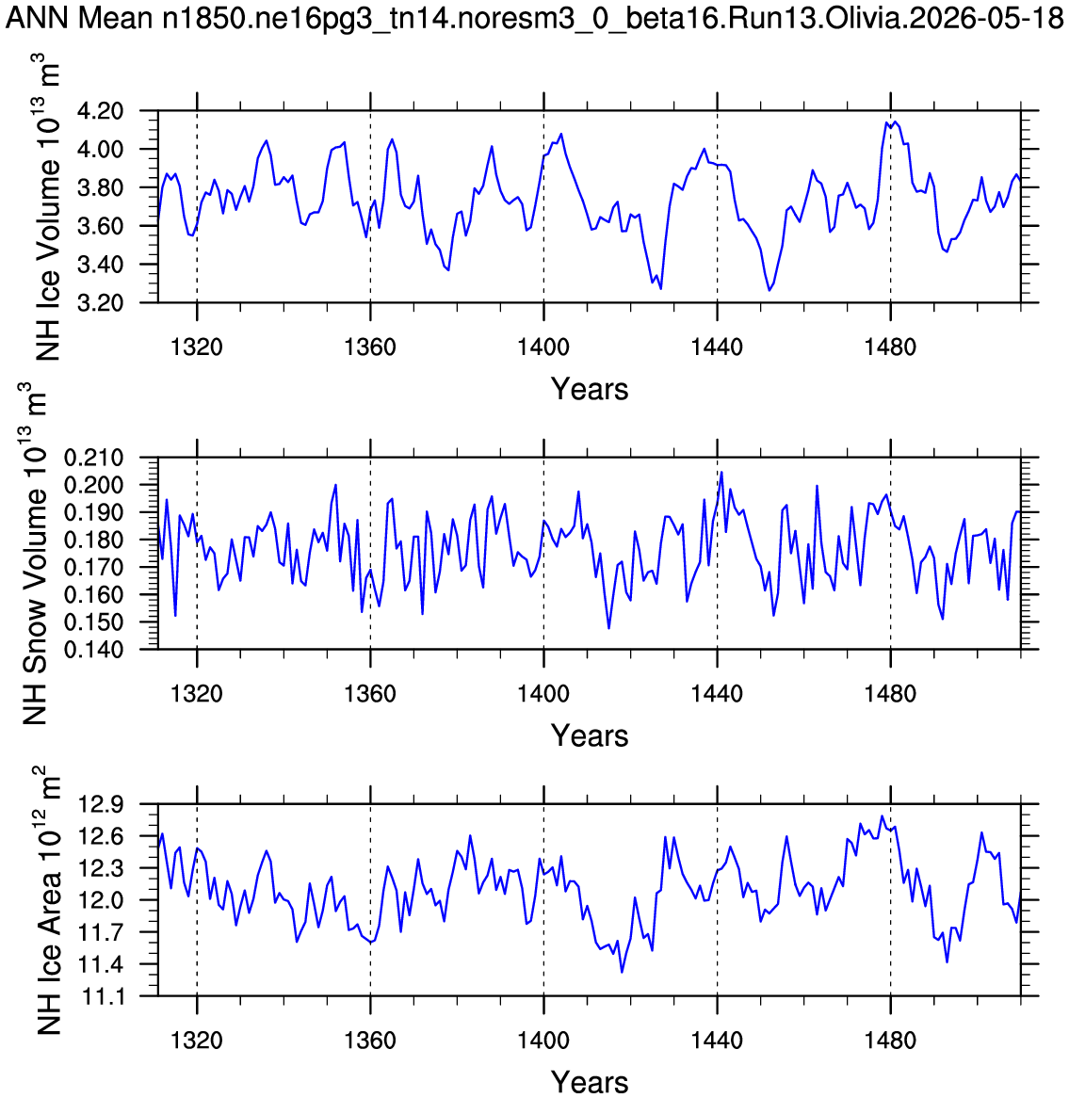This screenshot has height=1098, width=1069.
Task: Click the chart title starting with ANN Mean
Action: [535, 18]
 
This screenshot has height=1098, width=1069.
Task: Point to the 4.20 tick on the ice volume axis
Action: [103, 111]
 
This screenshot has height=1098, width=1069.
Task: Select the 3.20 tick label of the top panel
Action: [103, 303]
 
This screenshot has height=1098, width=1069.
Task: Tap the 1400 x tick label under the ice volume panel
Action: [543, 347]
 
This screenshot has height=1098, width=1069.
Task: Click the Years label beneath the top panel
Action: [590, 389]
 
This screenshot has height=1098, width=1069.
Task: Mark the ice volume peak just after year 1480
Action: [895, 121]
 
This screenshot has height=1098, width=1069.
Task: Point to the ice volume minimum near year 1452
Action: [769, 290]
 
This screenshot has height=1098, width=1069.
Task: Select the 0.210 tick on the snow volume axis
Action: [94, 458]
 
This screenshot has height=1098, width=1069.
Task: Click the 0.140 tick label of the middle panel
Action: [94, 650]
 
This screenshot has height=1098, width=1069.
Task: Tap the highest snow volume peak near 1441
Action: [721, 472]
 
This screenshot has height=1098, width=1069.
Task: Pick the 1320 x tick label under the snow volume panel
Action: [197, 693]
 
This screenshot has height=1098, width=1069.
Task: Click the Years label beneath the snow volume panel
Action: [590, 736]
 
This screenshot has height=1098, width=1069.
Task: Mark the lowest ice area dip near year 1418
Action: [622, 972]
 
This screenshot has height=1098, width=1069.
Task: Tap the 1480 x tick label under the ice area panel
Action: [890, 1040]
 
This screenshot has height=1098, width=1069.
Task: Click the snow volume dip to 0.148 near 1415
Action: [608, 628]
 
